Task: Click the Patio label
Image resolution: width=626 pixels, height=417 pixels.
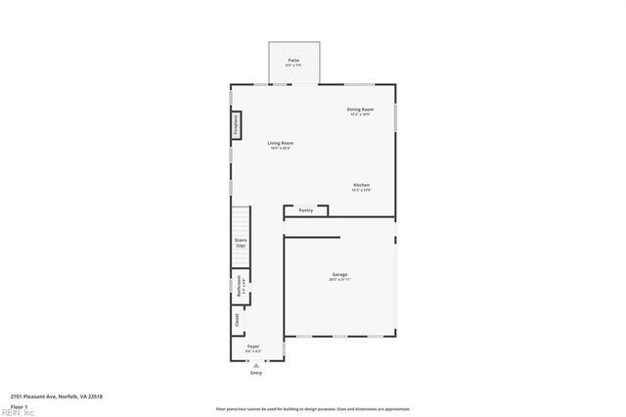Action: (293, 61)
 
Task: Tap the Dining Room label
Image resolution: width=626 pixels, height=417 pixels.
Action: (360, 109)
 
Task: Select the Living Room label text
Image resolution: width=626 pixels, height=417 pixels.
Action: (281, 143)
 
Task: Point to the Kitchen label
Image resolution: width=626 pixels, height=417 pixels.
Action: (361, 185)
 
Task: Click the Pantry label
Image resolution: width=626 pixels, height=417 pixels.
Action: (305, 209)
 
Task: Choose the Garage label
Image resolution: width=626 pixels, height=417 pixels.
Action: (339, 274)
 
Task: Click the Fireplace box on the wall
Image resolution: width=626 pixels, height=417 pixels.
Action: (236, 125)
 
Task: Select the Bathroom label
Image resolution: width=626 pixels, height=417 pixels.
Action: (239, 285)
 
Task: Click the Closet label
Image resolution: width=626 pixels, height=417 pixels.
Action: (237, 319)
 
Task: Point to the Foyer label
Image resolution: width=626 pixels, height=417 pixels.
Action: (252, 347)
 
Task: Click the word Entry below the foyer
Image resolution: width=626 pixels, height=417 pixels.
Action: (256, 373)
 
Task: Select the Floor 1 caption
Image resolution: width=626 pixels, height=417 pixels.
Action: (20, 405)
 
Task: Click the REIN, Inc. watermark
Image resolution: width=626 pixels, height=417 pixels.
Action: (18, 413)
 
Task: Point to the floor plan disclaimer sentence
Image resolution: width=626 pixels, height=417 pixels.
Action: (313, 409)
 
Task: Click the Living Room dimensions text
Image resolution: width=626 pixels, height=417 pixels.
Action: (281, 148)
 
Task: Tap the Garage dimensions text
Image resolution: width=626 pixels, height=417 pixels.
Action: (339, 280)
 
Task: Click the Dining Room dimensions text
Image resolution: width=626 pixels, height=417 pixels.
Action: (360, 115)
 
